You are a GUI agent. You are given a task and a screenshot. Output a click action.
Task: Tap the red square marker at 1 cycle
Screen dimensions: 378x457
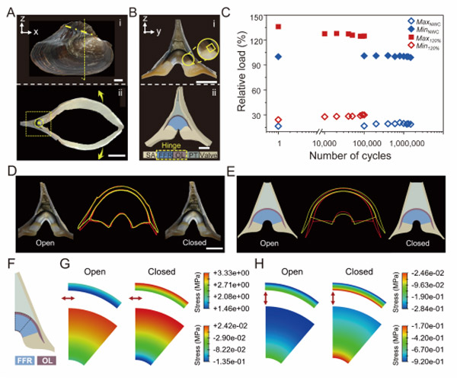pyautogui.click(x=279, y=27)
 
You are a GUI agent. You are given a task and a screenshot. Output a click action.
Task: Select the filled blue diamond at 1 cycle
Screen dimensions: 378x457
pyautogui.click(x=279, y=56)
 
